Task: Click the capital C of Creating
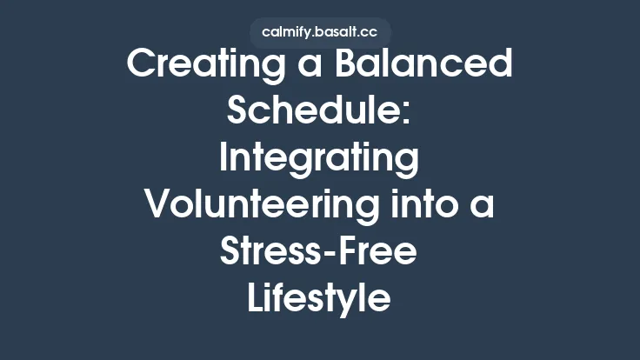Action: pyautogui.click(x=143, y=66)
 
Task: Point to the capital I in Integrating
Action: pyautogui.click(x=223, y=160)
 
